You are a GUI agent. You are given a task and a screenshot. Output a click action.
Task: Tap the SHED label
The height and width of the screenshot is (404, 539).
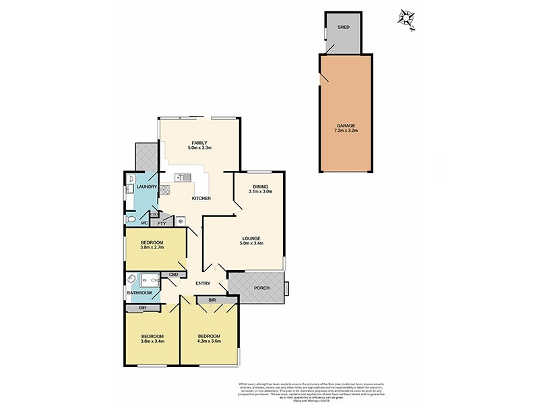[x=344, y=28]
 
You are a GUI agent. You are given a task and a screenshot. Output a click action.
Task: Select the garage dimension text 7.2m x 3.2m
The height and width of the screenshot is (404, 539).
[x=344, y=131]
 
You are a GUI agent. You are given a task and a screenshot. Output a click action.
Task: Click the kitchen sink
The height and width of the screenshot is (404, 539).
[x=182, y=178]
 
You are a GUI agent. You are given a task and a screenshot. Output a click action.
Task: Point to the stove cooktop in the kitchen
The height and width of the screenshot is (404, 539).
[x=164, y=191]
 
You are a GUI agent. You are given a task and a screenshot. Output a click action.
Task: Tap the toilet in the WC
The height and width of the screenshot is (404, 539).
[x=131, y=220]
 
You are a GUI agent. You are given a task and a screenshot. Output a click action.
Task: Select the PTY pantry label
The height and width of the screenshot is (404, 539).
[x=162, y=223]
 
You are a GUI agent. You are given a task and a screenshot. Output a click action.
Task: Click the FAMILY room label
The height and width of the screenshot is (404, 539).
[x=199, y=143]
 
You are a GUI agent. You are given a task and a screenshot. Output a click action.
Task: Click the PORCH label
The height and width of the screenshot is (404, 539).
[x=261, y=288]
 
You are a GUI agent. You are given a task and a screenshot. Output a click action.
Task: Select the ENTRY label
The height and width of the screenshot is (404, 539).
[x=203, y=283]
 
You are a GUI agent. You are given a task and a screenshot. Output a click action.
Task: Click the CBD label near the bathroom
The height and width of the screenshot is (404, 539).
[x=173, y=274]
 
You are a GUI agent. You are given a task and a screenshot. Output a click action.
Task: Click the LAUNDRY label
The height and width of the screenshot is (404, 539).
[x=146, y=187]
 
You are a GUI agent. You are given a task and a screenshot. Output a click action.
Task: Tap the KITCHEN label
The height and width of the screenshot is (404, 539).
[x=201, y=199]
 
